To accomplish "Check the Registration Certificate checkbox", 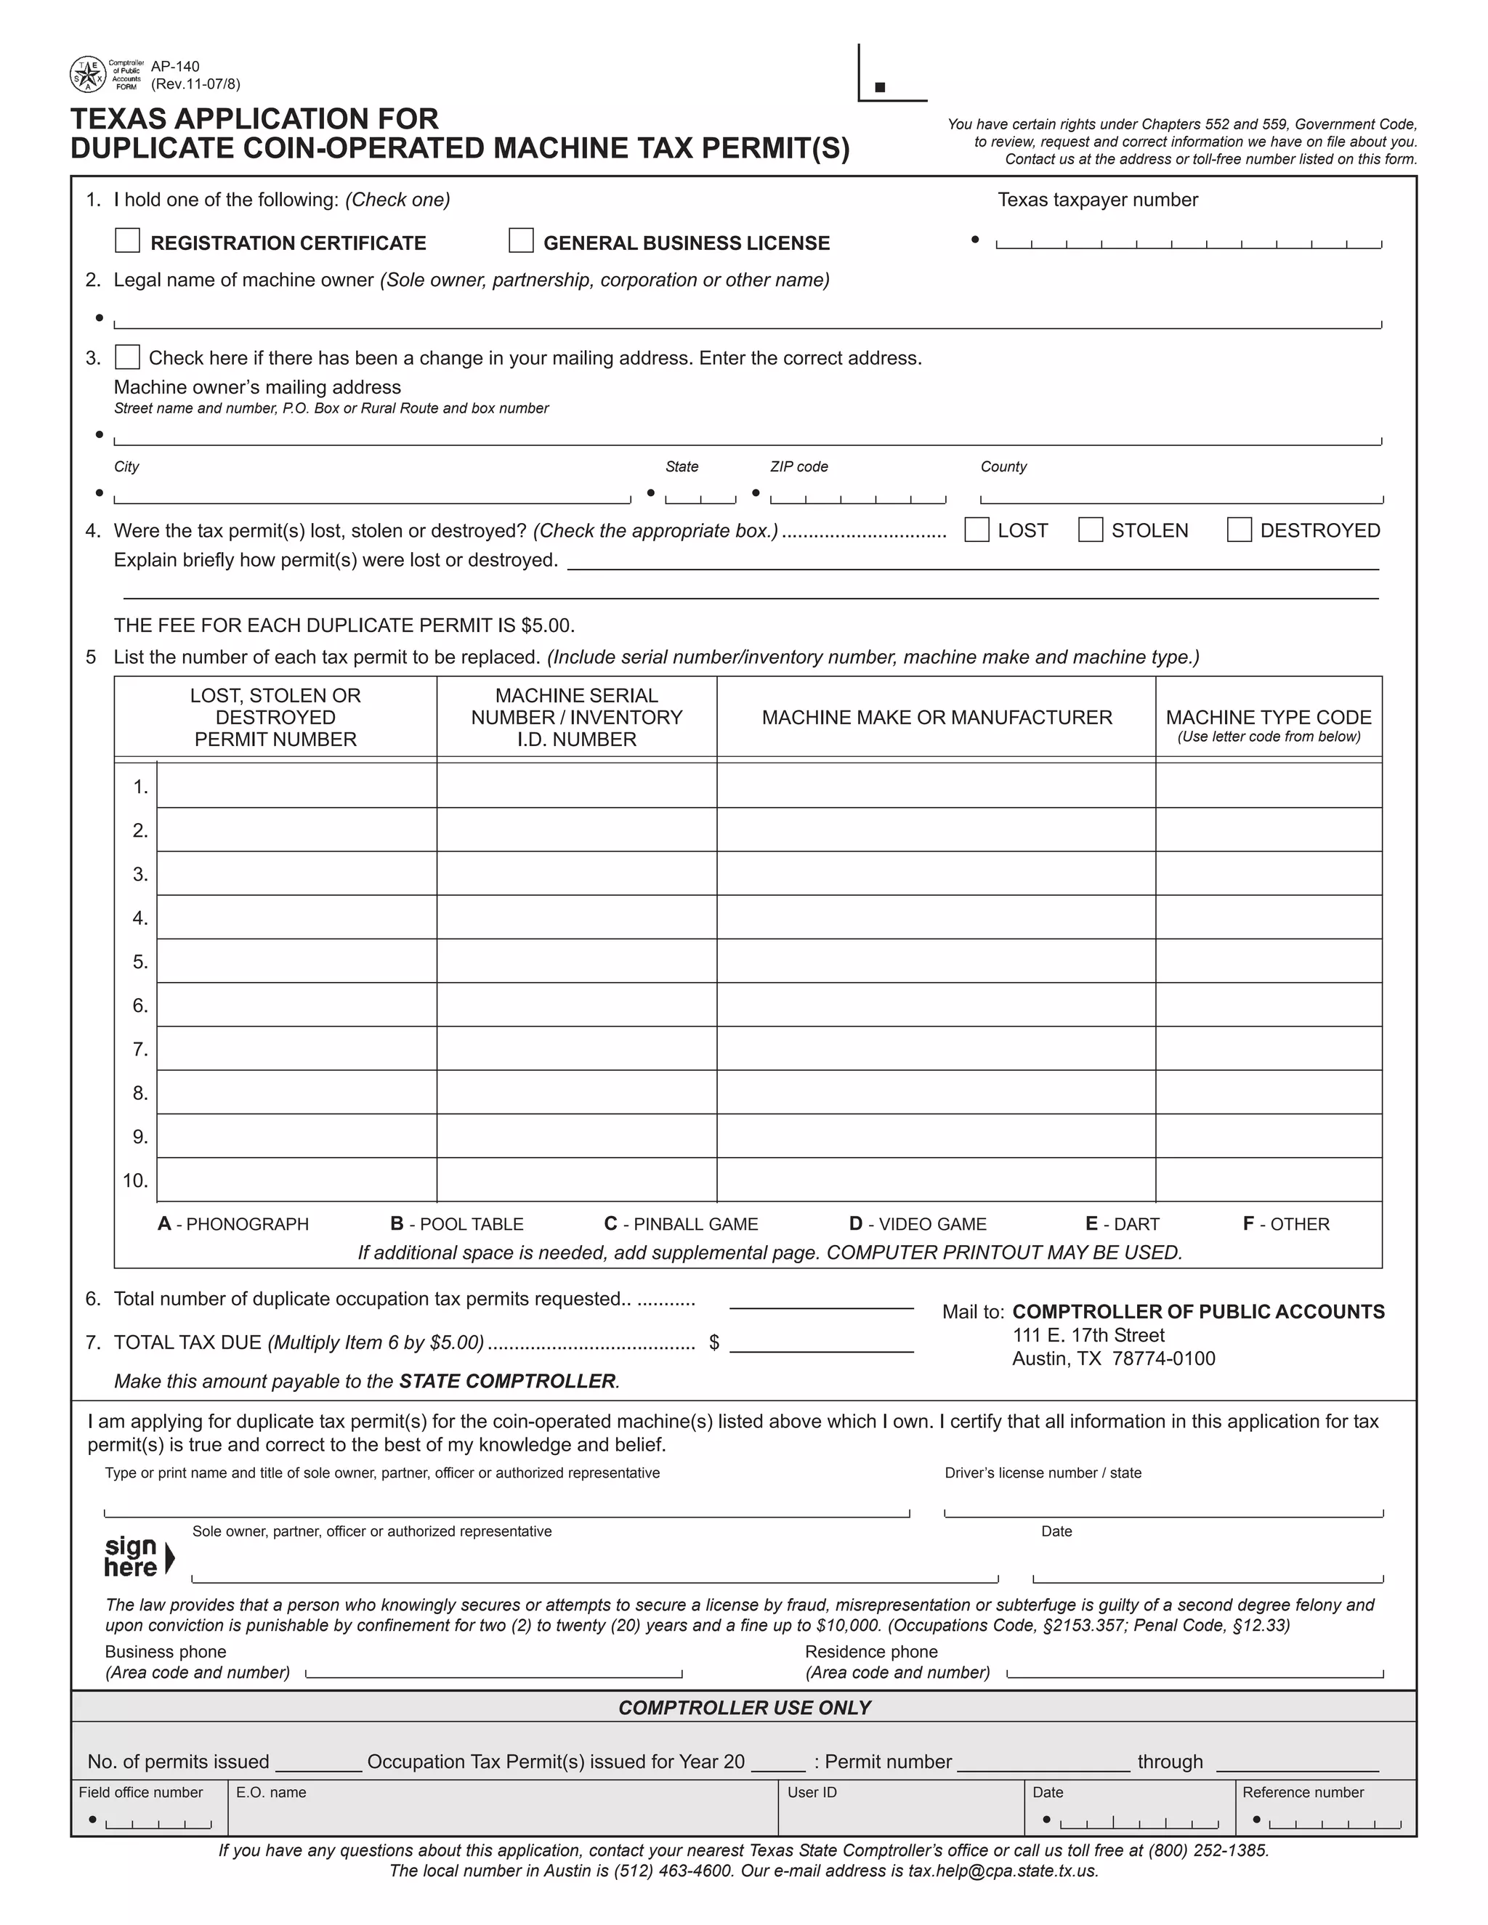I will tap(128, 240).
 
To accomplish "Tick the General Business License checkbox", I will tap(521, 240).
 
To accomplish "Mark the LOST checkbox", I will tap(976, 530).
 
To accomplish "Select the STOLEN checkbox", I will tap(1091, 530).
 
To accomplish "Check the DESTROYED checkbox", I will tap(1240, 530).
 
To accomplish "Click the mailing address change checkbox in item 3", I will tap(128, 357).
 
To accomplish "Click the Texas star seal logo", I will tap(87, 75).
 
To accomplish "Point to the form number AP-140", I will tap(175, 67).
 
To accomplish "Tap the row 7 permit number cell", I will tap(296, 1049).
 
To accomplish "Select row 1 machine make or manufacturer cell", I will tap(935, 785).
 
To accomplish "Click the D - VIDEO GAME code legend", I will tap(918, 1224).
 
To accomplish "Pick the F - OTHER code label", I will tap(1285, 1224).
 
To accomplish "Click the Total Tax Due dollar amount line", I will tap(821, 1344).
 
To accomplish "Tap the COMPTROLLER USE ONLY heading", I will tap(744, 1707).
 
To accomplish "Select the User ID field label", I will tap(811, 1792).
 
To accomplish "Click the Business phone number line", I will tap(493, 1672).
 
